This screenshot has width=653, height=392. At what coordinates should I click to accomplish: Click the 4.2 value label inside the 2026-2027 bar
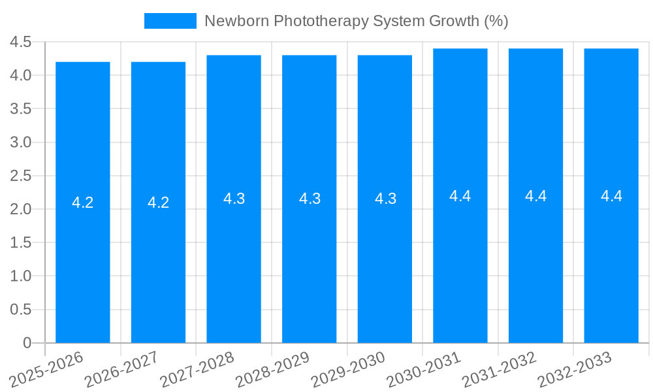(x=159, y=203)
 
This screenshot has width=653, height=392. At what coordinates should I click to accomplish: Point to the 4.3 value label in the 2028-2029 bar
(x=310, y=199)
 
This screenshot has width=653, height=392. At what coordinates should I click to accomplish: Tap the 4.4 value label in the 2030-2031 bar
(x=460, y=195)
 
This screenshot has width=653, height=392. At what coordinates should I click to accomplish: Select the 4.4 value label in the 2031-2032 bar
(x=535, y=195)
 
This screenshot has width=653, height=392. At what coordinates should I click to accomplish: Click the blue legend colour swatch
(x=170, y=21)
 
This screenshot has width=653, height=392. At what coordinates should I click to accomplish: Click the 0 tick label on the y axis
(x=27, y=342)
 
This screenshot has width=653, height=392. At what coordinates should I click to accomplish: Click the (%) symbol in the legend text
(x=496, y=21)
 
